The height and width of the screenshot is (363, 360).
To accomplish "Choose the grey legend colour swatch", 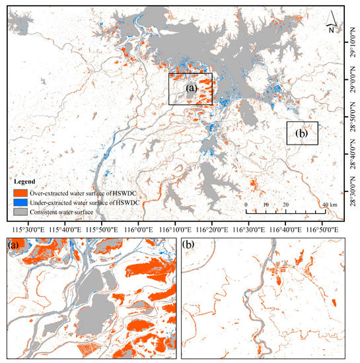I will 21,211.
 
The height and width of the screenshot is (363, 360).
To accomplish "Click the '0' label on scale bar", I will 246,205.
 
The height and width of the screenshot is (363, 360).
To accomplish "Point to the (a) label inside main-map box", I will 191,88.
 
